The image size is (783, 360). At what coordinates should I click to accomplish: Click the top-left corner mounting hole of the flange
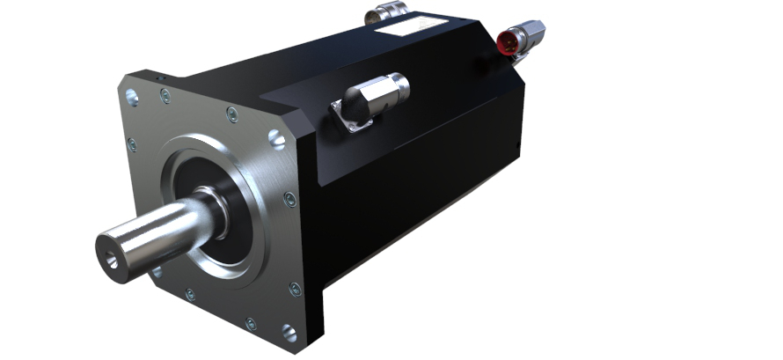point(132,98)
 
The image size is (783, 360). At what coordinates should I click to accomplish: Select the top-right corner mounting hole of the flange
point(276,138)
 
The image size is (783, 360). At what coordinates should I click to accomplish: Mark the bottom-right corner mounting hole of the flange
point(289,332)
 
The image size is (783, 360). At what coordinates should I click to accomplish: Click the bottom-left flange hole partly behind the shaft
point(157,273)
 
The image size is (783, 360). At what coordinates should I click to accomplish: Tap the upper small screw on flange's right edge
point(289,200)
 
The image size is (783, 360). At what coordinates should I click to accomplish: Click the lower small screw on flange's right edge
point(295,288)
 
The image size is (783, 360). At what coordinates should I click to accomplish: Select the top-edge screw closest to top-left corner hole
point(165,97)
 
